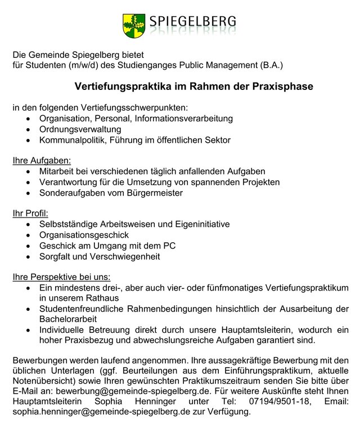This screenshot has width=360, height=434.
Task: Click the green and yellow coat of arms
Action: point(133,24)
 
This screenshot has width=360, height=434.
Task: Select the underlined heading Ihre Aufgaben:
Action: point(42,160)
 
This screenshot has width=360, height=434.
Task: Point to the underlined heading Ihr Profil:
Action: point(31,213)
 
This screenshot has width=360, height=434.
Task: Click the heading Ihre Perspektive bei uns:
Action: point(61,277)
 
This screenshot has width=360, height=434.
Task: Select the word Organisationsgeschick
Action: point(84,234)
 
